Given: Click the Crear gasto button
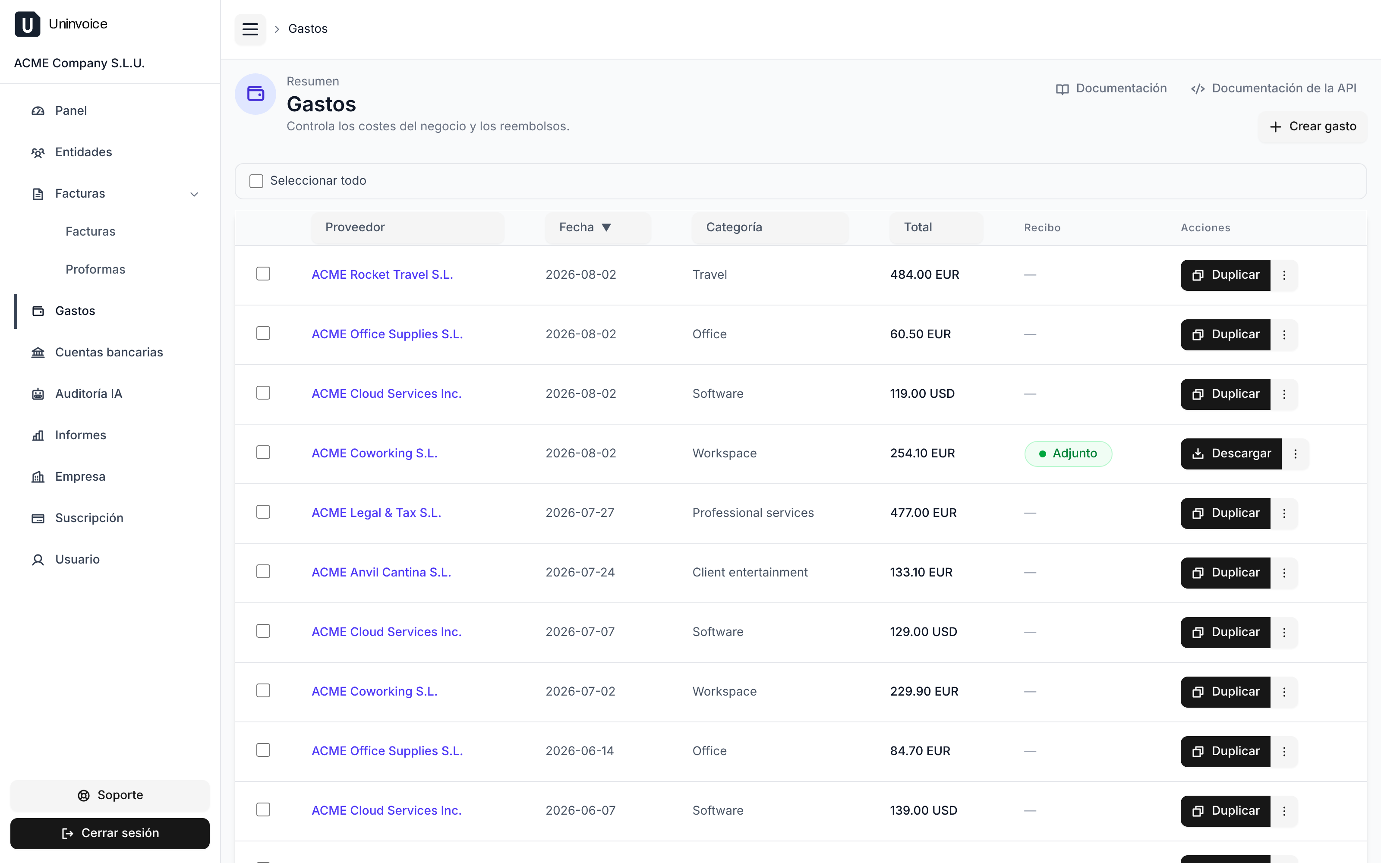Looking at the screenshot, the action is click(x=1312, y=127).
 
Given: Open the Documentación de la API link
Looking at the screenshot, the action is click(x=1274, y=88).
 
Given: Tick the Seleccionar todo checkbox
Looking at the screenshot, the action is click(x=256, y=181).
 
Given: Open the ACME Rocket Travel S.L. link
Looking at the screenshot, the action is click(x=382, y=274).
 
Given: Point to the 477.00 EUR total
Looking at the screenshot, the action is click(x=924, y=513).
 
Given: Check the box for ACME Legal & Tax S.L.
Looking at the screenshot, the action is click(x=263, y=512).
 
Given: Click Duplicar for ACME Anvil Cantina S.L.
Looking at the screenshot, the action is click(x=1225, y=573).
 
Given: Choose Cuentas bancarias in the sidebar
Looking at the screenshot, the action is click(x=109, y=352).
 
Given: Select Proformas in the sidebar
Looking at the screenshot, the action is click(x=95, y=269).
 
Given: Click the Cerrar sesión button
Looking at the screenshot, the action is click(x=110, y=833).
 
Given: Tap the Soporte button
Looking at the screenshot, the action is click(x=110, y=795).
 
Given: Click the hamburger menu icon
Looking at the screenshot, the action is click(x=250, y=29).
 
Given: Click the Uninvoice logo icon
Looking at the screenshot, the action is click(x=27, y=24).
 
